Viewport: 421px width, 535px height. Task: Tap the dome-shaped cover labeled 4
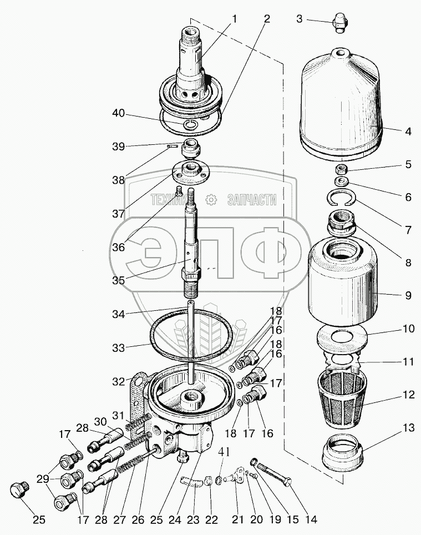[342, 105]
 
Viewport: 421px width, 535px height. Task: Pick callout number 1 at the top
[234, 19]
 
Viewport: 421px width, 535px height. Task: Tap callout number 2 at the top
[267, 19]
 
